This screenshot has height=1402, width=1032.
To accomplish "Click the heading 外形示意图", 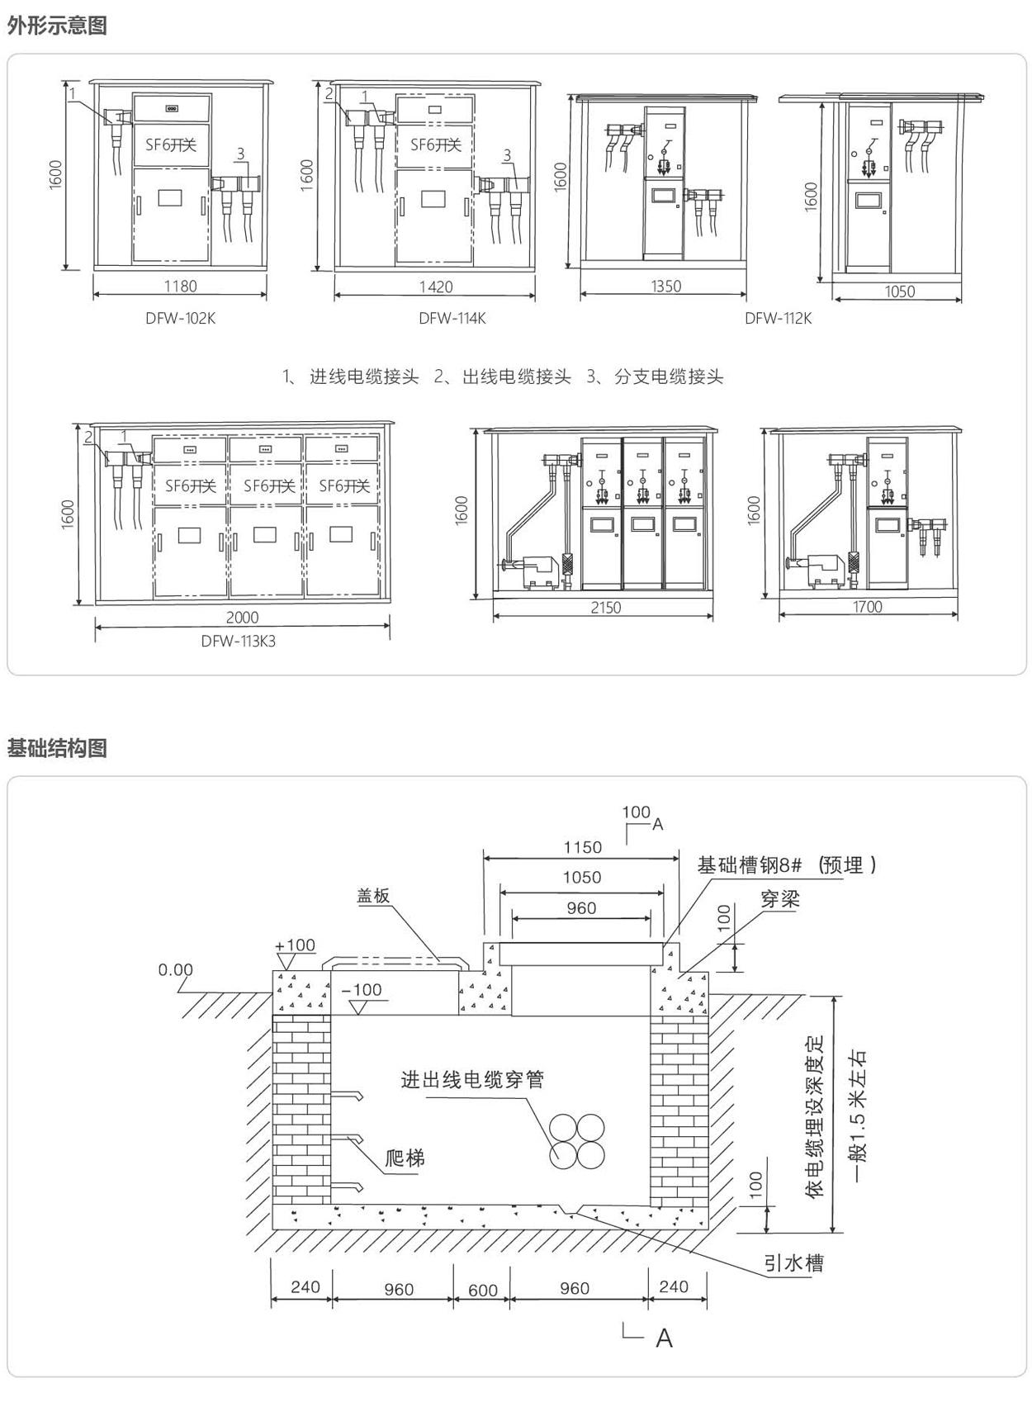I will [57, 26].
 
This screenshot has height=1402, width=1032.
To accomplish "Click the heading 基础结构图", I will [57, 748].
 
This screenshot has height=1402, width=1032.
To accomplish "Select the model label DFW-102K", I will [180, 318].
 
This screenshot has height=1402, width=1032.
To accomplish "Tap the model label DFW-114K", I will [452, 318].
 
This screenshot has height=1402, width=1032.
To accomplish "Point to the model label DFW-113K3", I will [238, 641].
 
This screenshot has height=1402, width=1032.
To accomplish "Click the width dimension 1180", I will [180, 287].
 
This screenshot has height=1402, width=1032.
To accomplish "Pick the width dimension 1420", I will [435, 287].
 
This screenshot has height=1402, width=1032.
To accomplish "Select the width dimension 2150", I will [605, 608].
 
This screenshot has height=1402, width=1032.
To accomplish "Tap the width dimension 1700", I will [867, 608].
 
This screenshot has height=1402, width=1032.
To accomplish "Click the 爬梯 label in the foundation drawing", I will [405, 1158].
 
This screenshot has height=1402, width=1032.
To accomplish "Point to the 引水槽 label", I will [793, 1263].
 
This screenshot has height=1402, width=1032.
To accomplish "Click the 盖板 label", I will [373, 896].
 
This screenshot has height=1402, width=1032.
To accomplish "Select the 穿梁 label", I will [780, 900].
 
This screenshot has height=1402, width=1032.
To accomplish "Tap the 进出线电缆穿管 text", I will [472, 1080].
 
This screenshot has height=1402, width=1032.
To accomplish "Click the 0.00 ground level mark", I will [175, 970].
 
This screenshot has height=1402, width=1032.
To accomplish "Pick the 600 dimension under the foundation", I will [482, 1290].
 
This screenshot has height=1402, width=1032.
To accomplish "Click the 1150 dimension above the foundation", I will [582, 847].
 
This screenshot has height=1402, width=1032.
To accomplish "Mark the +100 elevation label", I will [295, 945].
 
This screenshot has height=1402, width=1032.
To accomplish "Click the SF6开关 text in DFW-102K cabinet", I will [171, 145].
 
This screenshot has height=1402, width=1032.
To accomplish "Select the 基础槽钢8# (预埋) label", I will [786, 865].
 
